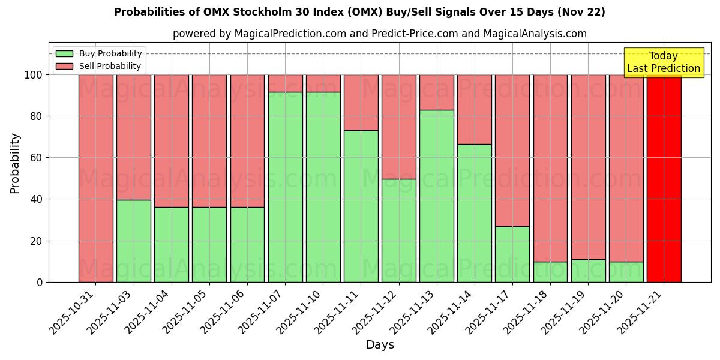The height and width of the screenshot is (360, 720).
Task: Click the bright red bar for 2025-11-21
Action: (x=664, y=178)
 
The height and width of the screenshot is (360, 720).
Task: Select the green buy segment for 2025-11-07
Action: (x=285, y=187)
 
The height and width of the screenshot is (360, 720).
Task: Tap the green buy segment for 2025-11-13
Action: (x=437, y=196)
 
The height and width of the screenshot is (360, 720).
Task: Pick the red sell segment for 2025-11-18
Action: (x=550, y=168)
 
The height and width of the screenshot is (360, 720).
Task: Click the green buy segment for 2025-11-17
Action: (x=512, y=254)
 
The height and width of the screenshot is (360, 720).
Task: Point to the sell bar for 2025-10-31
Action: (x=95, y=178)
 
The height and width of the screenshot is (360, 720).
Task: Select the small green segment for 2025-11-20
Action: (x=626, y=272)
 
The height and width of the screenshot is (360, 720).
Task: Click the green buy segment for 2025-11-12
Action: (x=398, y=230)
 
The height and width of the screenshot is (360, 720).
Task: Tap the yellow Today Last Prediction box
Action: (x=663, y=62)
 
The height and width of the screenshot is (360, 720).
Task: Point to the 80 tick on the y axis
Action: (x=37, y=116)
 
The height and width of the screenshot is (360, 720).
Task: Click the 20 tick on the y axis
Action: (x=37, y=241)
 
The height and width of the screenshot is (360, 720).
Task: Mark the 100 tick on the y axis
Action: (x=34, y=75)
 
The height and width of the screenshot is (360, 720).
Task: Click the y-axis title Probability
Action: (x=15, y=163)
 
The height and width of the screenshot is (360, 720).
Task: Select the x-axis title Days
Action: (x=380, y=345)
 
